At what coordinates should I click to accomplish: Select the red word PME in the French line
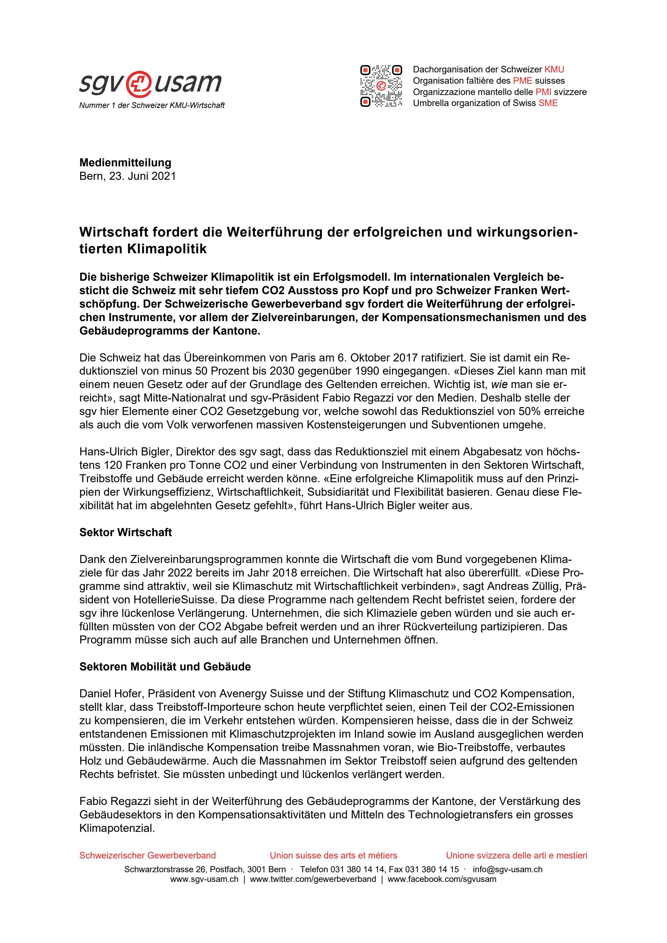(x=523, y=80)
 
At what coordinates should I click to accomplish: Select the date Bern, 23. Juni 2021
(x=128, y=176)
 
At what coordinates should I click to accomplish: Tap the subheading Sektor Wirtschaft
(x=125, y=533)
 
